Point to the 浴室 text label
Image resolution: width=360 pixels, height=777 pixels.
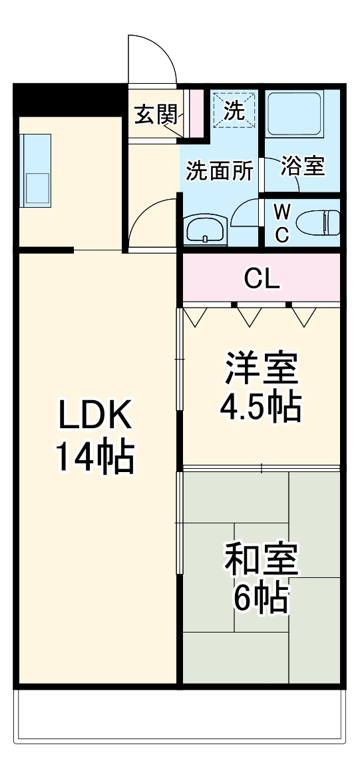(303, 167)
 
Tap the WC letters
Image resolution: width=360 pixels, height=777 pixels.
(282, 223)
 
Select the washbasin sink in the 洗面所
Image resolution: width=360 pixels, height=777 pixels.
(205, 230)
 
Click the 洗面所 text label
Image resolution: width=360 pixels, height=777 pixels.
(219, 171)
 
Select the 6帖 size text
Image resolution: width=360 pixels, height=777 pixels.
(260, 599)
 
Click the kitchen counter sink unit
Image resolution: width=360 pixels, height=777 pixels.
(36, 169)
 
